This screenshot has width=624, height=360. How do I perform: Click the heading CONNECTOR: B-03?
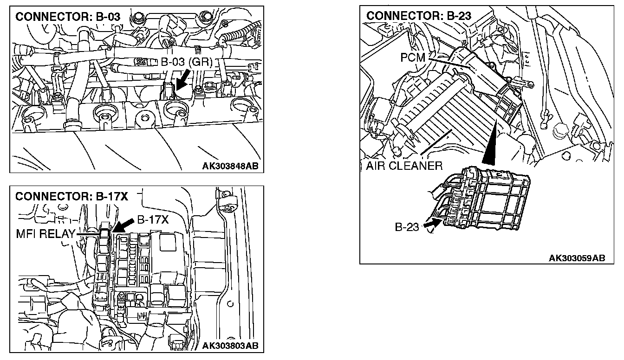[x=68, y=17]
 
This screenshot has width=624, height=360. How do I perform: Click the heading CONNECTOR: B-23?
[x=419, y=16]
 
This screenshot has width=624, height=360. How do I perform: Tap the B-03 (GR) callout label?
[x=186, y=63]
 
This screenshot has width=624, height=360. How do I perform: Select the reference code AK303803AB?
[x=230, y=346]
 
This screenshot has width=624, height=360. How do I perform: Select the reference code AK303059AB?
[x=577, y=258]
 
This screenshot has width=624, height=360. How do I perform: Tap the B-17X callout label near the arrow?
[x=152, y=220]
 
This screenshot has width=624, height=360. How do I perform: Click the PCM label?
[x=414, y=58]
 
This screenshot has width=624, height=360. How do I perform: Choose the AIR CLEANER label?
[x=404, y=166]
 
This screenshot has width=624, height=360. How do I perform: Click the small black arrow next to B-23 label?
[x=431, y=225]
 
